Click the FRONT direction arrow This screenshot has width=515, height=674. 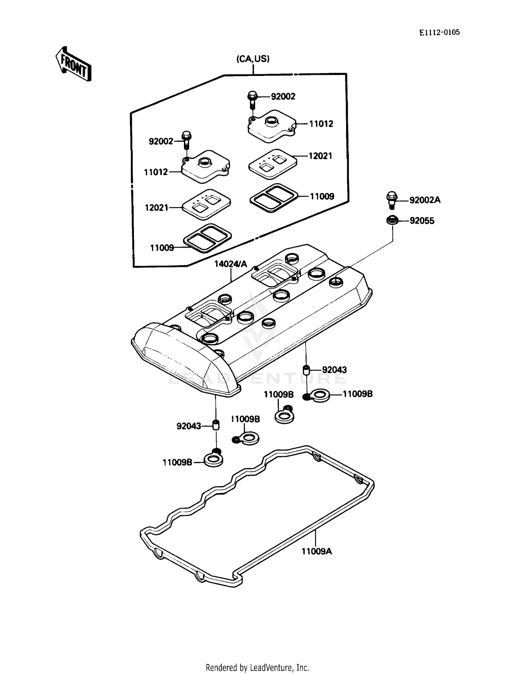click(x=73, y=64)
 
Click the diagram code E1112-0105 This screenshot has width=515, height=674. click(x=439, y=33)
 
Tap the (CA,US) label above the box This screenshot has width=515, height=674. click(x=253, y=59)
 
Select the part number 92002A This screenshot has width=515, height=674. click(x=425, y=200)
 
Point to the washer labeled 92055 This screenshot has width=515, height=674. click(x=392, y=220)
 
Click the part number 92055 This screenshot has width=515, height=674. click(x=422, y=221)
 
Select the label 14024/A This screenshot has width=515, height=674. click(x=231, y=264)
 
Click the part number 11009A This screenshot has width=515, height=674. click(x=317, y=551)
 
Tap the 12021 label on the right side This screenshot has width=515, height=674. click(x=320, y=156)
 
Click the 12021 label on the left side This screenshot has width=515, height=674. click(x=157, y=207)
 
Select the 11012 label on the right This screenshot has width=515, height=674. click(x=321, y=124)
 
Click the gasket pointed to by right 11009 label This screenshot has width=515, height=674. click(x=274, y=198)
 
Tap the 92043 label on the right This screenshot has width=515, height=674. click(x=334, y=370)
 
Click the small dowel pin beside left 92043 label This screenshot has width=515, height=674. click(x=216, y=425)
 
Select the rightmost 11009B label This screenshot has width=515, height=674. click(x=357, y=394)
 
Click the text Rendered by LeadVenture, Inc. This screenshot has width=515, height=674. click(x=257, y=667)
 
